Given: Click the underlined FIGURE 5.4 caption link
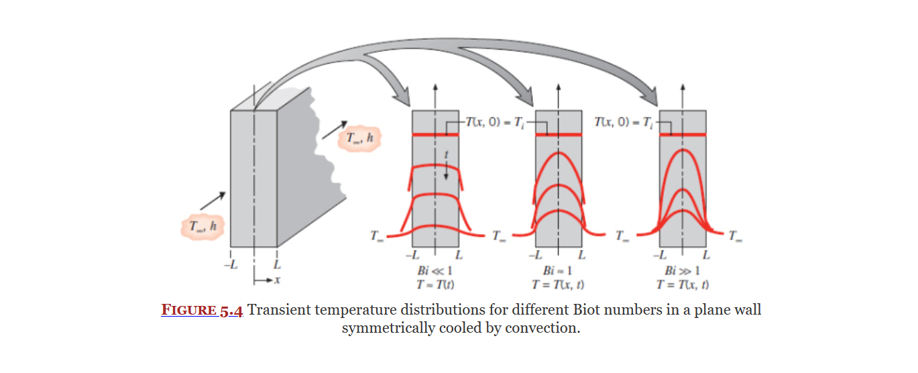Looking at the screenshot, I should (202, 311).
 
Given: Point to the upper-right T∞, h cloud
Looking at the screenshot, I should (359, 138).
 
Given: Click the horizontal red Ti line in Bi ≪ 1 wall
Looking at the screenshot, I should (435, 136).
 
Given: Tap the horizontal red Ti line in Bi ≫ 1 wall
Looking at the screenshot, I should (683, 136).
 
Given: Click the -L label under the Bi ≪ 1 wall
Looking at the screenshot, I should (412, 256).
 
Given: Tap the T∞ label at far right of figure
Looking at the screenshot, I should (736, 236).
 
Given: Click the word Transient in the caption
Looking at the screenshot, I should (280, 311).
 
